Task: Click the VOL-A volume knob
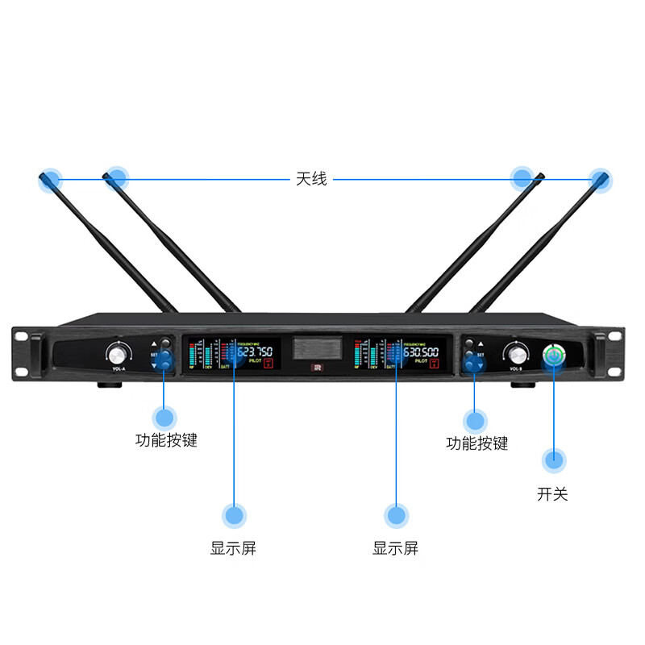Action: [119, 353]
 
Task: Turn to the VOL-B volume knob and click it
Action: [516, 353]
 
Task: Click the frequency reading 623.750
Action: [255, 352]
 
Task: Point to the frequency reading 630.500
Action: [421, 352]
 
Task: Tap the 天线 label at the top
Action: [311, 179]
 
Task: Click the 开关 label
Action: [552, 493]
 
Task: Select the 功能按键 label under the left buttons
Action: [166, 440]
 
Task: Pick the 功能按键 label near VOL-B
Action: [476, 443]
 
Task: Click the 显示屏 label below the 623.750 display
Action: [233, 548]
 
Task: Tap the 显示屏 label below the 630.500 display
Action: [395, 548]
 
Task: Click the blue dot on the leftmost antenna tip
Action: [50, 179]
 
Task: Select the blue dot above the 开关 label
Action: [553, 460]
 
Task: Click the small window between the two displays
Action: [316, 349]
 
